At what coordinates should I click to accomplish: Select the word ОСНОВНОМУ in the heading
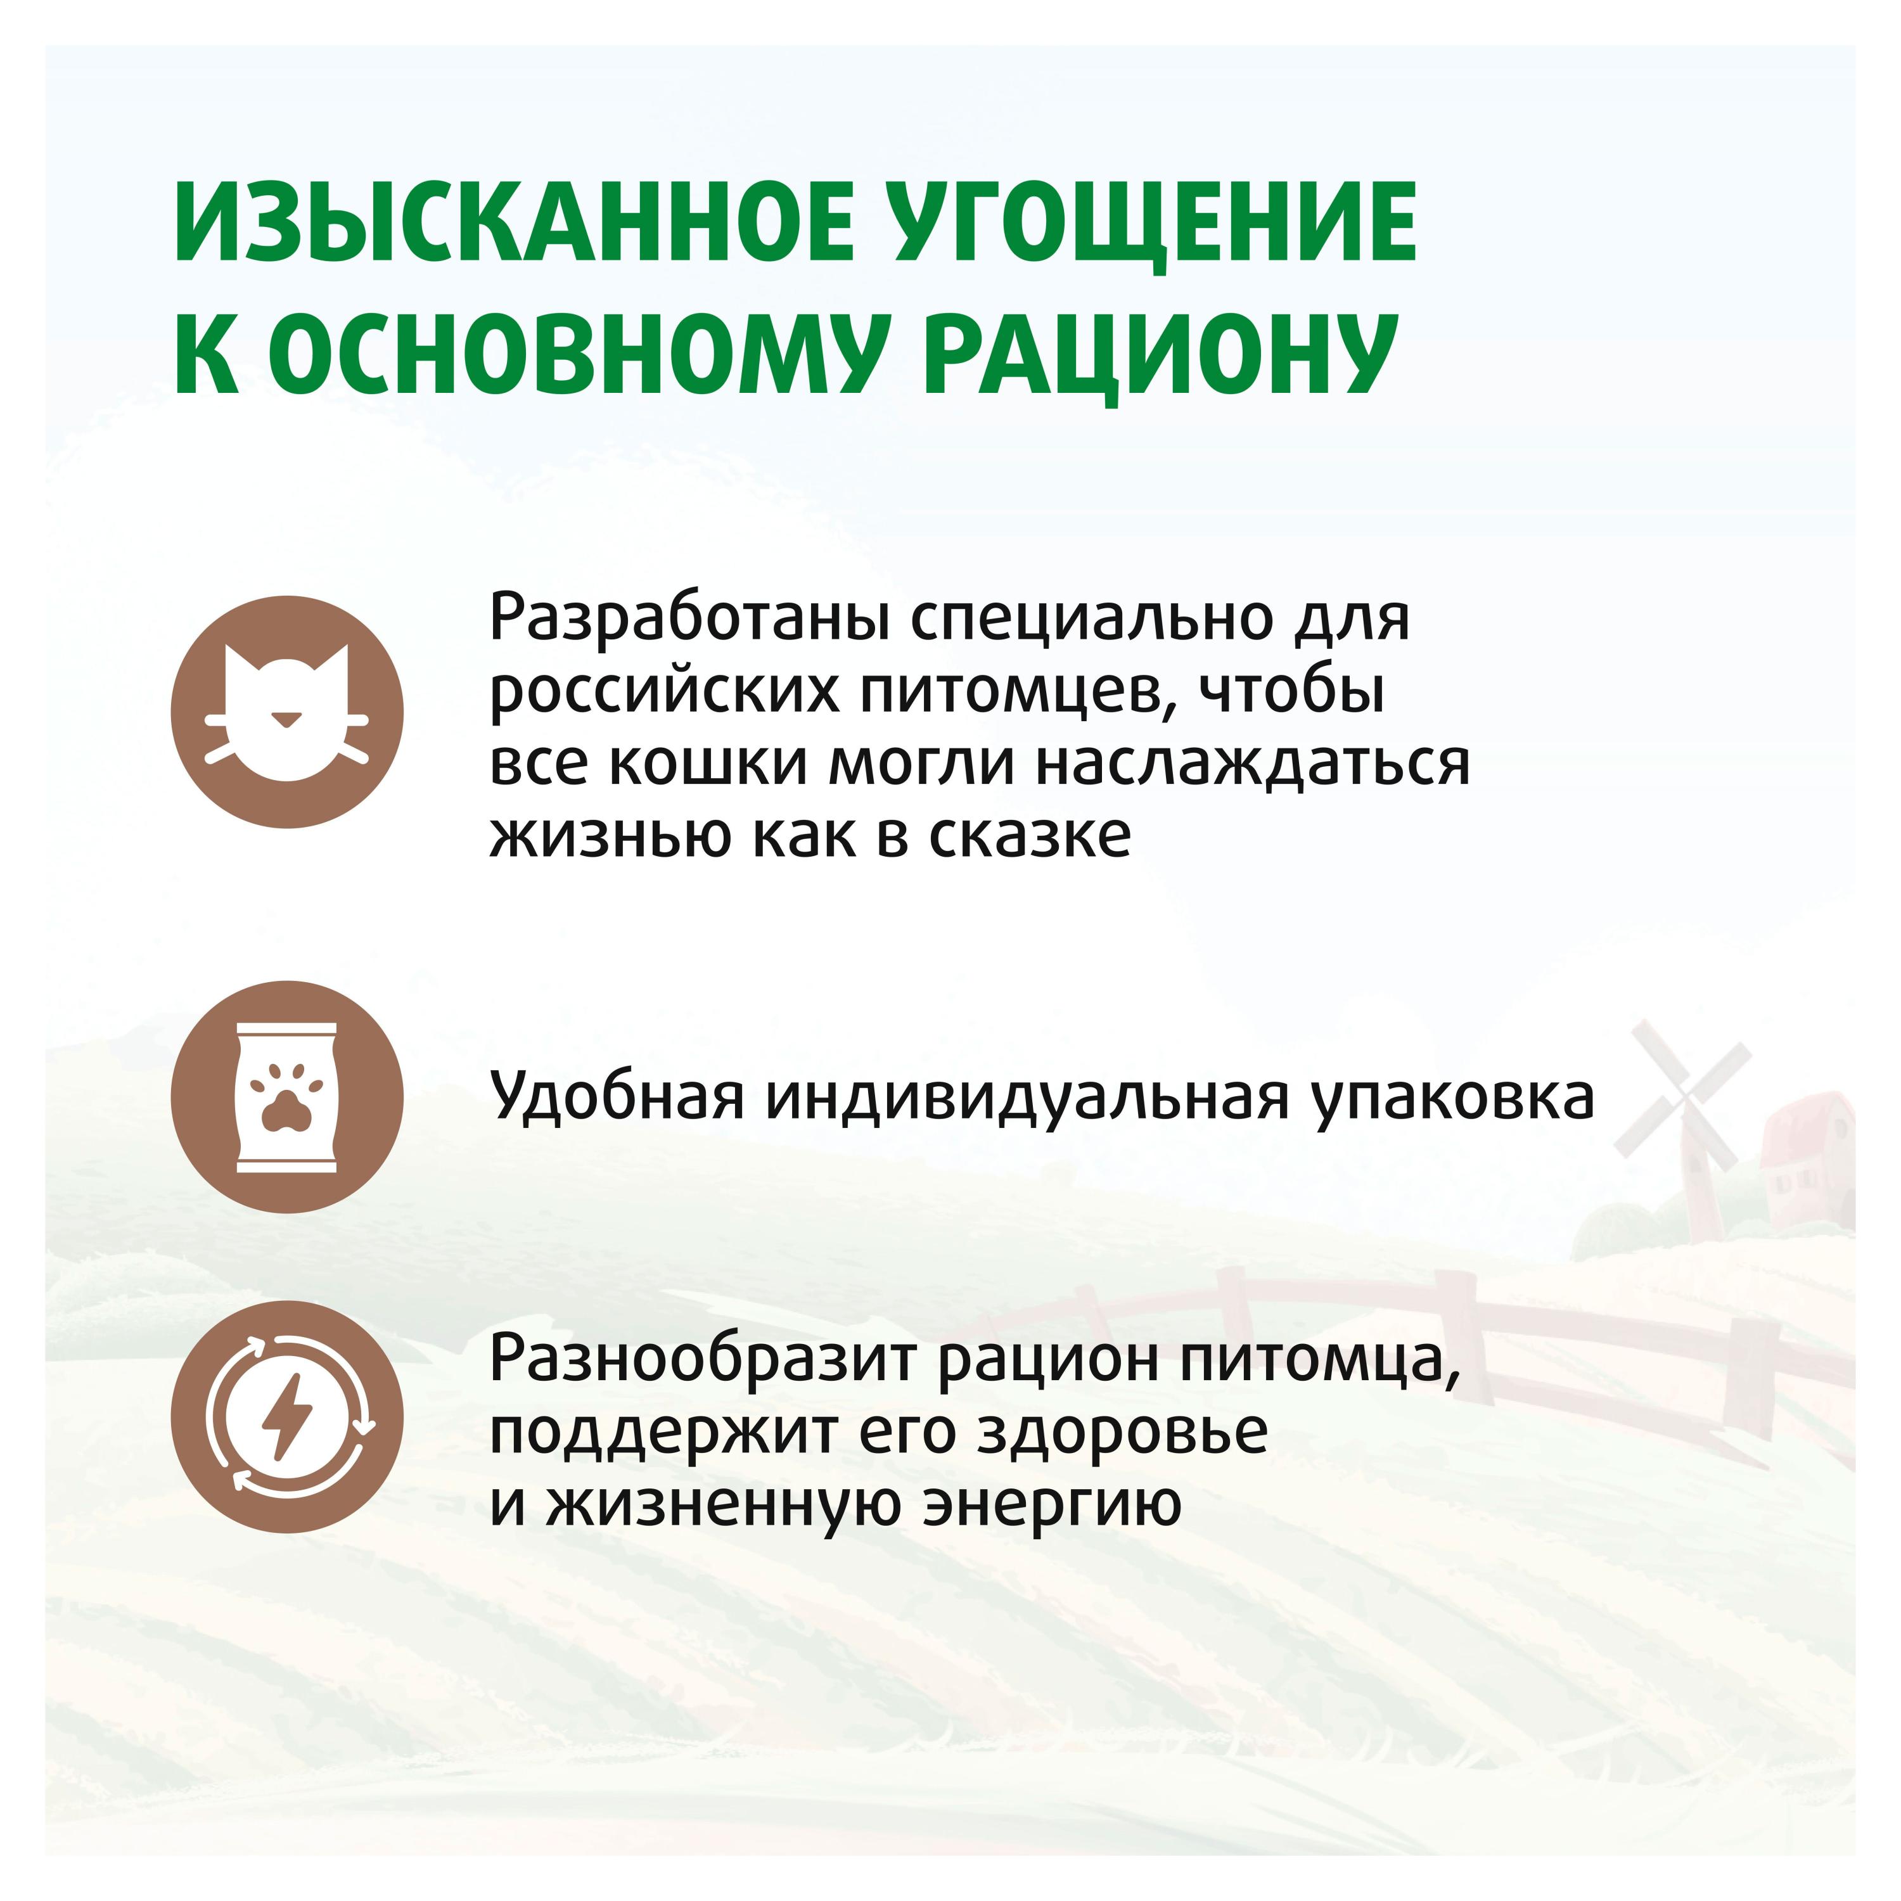[x=572, y=354]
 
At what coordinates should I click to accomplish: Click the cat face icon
[x=286, y=712]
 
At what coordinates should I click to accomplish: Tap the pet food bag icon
[x=286, y=1097]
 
